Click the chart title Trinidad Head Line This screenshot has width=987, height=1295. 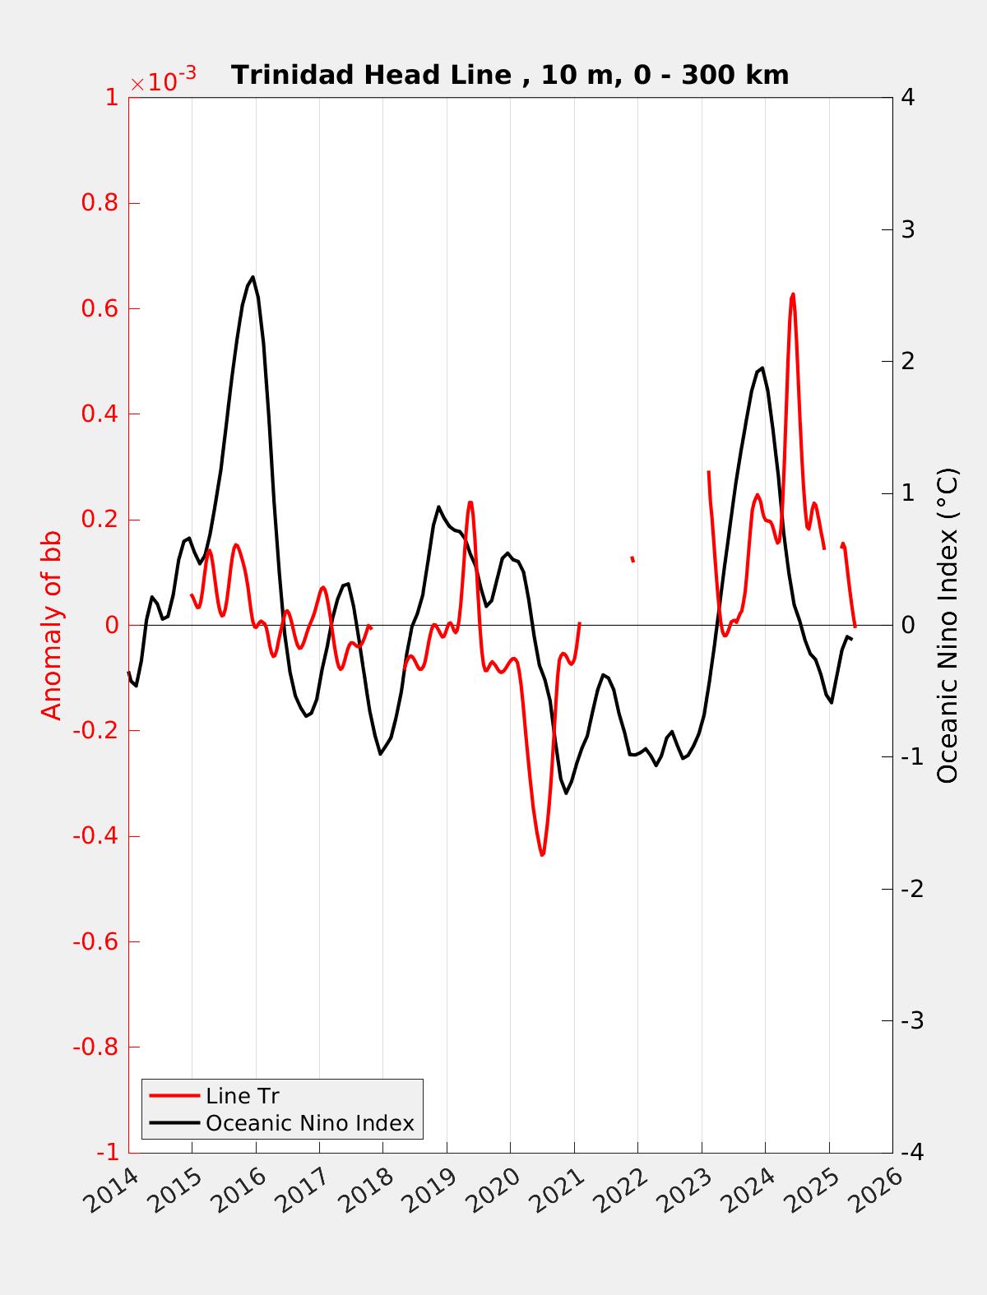click(x=510, y=75)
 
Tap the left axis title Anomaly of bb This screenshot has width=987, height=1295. click(x=52, y=625)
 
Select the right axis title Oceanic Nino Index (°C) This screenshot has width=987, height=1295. click(x=948, y=625)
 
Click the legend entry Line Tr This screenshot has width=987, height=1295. click(x=243, y=1096)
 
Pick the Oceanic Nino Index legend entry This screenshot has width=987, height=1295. click(x=309, y=1123)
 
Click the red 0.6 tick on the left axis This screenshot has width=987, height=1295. click(x=99, y=308)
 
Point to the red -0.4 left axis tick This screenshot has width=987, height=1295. click(x=95, y=836)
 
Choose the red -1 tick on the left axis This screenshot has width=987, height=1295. click(x=107, y=1153)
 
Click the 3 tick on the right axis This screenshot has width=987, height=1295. click(x=908, y=229)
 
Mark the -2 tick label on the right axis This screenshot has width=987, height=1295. click(x=911, y=889)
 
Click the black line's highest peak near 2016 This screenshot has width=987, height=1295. click(x=253, y=277)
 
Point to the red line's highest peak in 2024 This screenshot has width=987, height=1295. click(x=793, y=294)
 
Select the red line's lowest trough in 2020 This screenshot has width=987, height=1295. click(x=542, y=855)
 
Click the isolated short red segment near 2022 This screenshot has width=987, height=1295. click(x=633, y=559)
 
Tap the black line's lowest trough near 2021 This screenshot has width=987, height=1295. click(x=566, y=793)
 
